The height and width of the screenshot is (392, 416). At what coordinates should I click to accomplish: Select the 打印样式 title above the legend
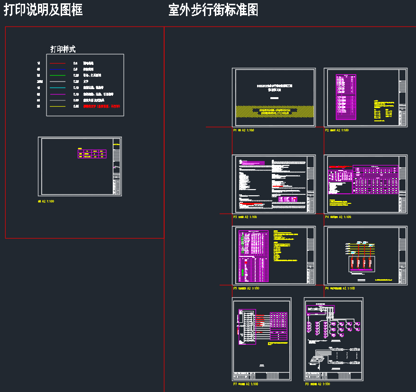[x=63, y=49]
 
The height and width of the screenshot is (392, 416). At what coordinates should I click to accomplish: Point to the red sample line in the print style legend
[x=57, y=63]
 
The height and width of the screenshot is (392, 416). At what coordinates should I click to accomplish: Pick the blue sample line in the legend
[x=57, y=69]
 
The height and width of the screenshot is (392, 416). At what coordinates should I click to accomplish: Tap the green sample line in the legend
[x=57, y=75]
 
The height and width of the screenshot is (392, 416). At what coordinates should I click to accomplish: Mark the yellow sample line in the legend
[x=57, y=107]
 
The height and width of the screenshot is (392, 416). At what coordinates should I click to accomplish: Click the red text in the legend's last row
[x=102, y=107]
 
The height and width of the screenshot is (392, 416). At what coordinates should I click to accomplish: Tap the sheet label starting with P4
[x=338, y=217]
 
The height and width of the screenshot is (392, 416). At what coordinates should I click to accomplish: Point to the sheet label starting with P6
[x=340, y=288]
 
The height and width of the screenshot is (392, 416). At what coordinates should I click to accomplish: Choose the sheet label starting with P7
[x=245, y=384]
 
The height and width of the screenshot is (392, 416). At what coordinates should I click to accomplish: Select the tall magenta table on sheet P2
[x=346, y=97]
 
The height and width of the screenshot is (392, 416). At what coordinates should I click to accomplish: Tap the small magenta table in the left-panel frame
[x=92, y=154]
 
